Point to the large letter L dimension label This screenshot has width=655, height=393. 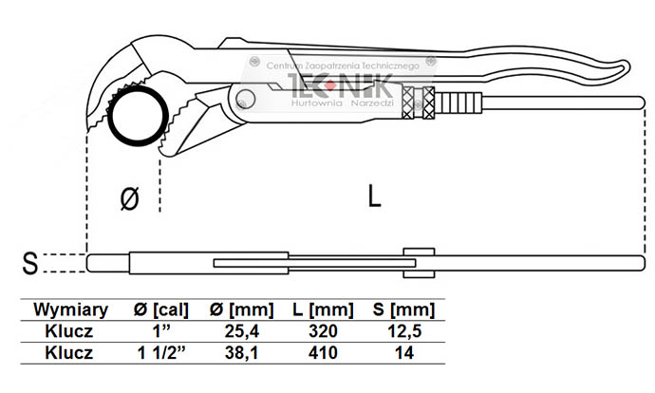[x=375, y=196]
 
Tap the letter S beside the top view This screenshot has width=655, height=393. [x=30, y=263]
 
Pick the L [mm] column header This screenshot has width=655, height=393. [x=324, y=309]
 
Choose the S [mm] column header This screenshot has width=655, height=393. [x=404, y=309]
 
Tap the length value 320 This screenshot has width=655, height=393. [x=324, y=331]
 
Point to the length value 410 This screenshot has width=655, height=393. [x=324, y=353]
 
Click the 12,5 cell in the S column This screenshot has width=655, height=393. [x=404, y=331]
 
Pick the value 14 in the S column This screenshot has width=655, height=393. [x=404, y=353]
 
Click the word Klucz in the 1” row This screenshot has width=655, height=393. [x=67, y=331]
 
